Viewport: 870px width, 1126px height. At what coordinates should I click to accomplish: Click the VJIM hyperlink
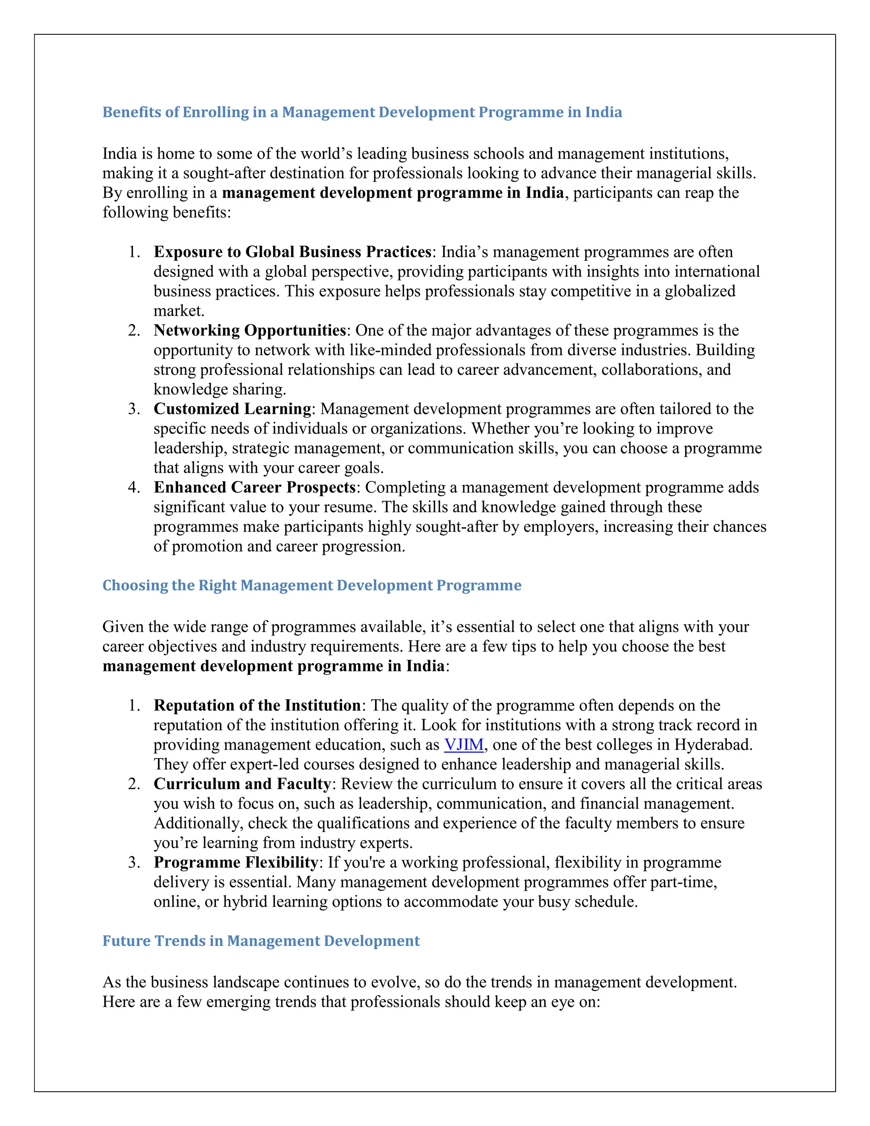(x=464, y=744)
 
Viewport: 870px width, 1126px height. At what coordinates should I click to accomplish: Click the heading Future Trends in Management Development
(x=261, y=941)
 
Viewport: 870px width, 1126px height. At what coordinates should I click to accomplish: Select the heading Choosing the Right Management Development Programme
(x=312, y=585)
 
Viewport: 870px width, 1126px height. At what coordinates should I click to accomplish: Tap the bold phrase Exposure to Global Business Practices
(x=292, y=252)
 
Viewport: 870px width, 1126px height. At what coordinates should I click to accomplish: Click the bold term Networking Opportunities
(x=249, y=330)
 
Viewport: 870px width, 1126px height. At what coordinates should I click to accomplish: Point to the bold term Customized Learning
(x=232, y=409)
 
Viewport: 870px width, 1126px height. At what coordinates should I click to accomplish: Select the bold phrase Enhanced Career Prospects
(x=254, y=487)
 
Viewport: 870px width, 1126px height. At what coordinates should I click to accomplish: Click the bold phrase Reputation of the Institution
(x=257, y=705)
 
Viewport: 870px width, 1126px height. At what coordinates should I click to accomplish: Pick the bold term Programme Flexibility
(x=235, y=862)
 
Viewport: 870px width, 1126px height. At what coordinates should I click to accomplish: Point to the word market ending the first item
(x=178, y=311)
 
